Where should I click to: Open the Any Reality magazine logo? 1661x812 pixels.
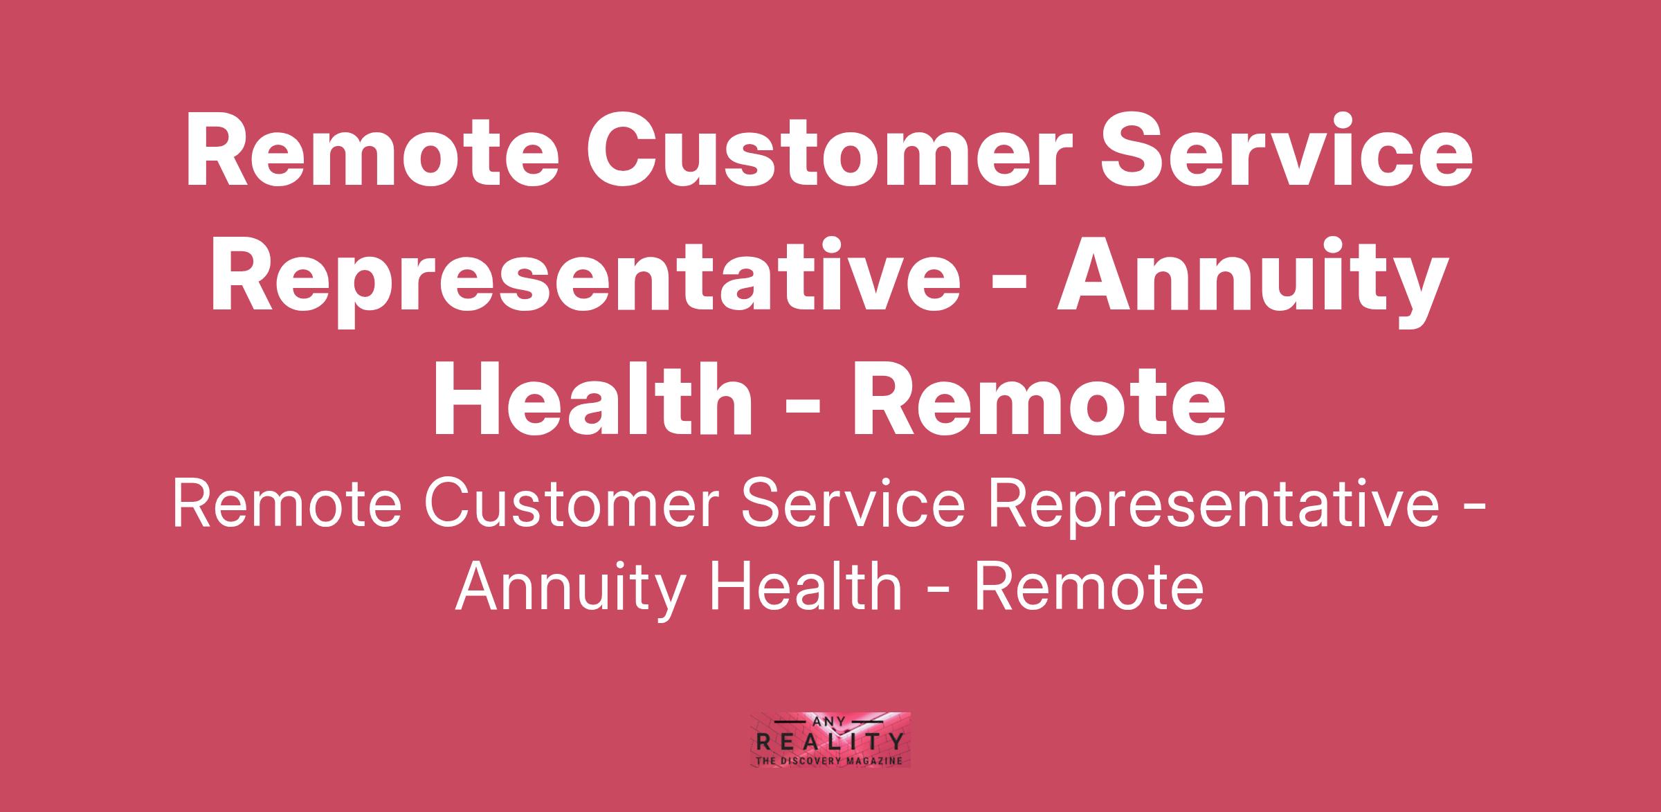coord(831,739)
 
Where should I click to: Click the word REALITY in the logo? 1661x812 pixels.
coord(831,743)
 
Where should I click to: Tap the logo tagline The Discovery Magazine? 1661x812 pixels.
coord(831,761)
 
